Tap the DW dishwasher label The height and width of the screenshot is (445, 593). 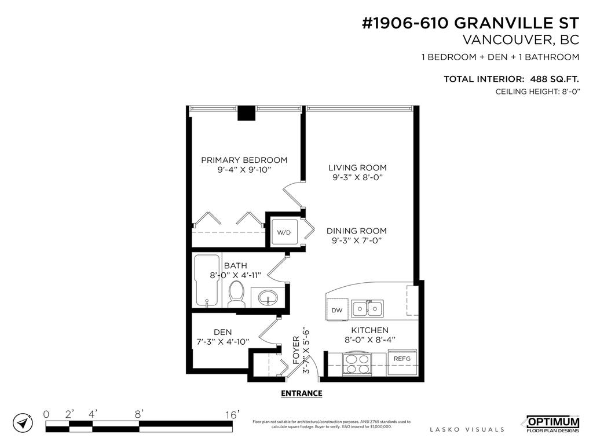click(337, 310)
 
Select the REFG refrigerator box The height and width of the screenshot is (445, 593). click(402, 359)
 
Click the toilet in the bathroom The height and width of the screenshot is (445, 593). click(236, 294)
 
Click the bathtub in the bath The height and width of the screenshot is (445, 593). click(206, 281)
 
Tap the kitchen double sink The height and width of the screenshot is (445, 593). click(368, 308)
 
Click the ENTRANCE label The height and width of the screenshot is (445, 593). click(301, 393)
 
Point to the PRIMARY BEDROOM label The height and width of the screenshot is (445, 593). click(244, 160)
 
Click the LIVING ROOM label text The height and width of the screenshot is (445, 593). click(357, 167)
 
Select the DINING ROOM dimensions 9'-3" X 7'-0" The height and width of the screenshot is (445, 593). click(356, 240)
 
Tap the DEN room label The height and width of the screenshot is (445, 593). click(222, 332)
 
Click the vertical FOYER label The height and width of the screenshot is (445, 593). click(296, 349)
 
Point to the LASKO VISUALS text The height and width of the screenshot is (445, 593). click(467, 429)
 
